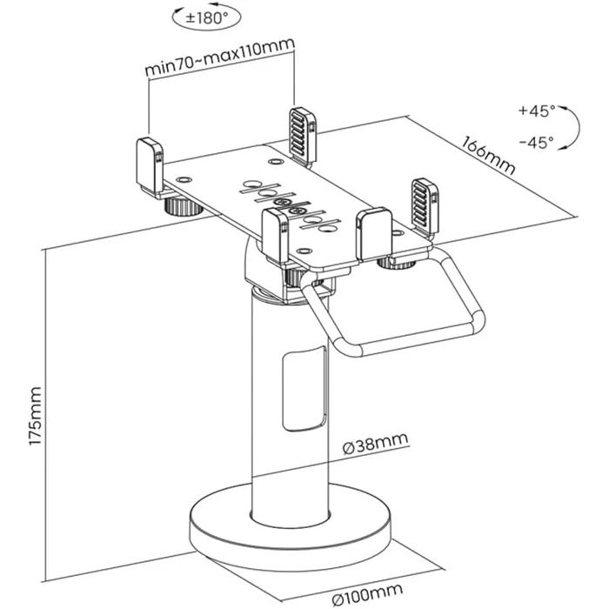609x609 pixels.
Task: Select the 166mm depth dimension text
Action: pyautogui.click(x=489, y=154)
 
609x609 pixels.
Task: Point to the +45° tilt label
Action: pyautogui.click(x=536, y=111)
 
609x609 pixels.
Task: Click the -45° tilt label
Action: pyautogui.click(x=536, y=142)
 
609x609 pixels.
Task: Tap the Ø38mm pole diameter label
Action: pyautogui.click(x=376, y=447)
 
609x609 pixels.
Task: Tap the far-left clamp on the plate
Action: pyautogui.click(x=149, y=162)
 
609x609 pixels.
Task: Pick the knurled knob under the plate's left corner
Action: pyautogui.click(x=180, y=207)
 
